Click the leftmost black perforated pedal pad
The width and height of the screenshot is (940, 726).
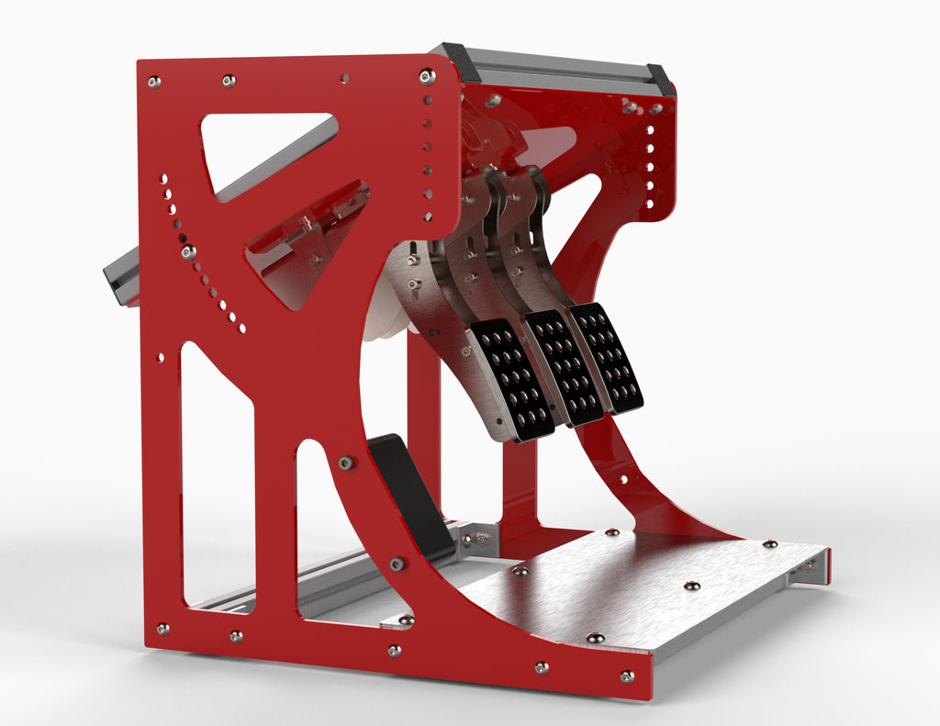(511, 377)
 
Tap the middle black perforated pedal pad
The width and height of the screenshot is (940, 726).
(563, 365)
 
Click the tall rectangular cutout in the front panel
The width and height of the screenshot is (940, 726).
(217, 477)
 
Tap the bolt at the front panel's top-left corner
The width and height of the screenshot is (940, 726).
(153, 82)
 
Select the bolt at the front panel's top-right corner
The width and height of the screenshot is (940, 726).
(427, 76)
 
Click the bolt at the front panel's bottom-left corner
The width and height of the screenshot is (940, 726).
(162, 629)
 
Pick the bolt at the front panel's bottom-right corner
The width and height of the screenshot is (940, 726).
(627, 676)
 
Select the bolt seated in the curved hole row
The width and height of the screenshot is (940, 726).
(188, 251)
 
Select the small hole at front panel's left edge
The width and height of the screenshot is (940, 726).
(161, 357)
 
